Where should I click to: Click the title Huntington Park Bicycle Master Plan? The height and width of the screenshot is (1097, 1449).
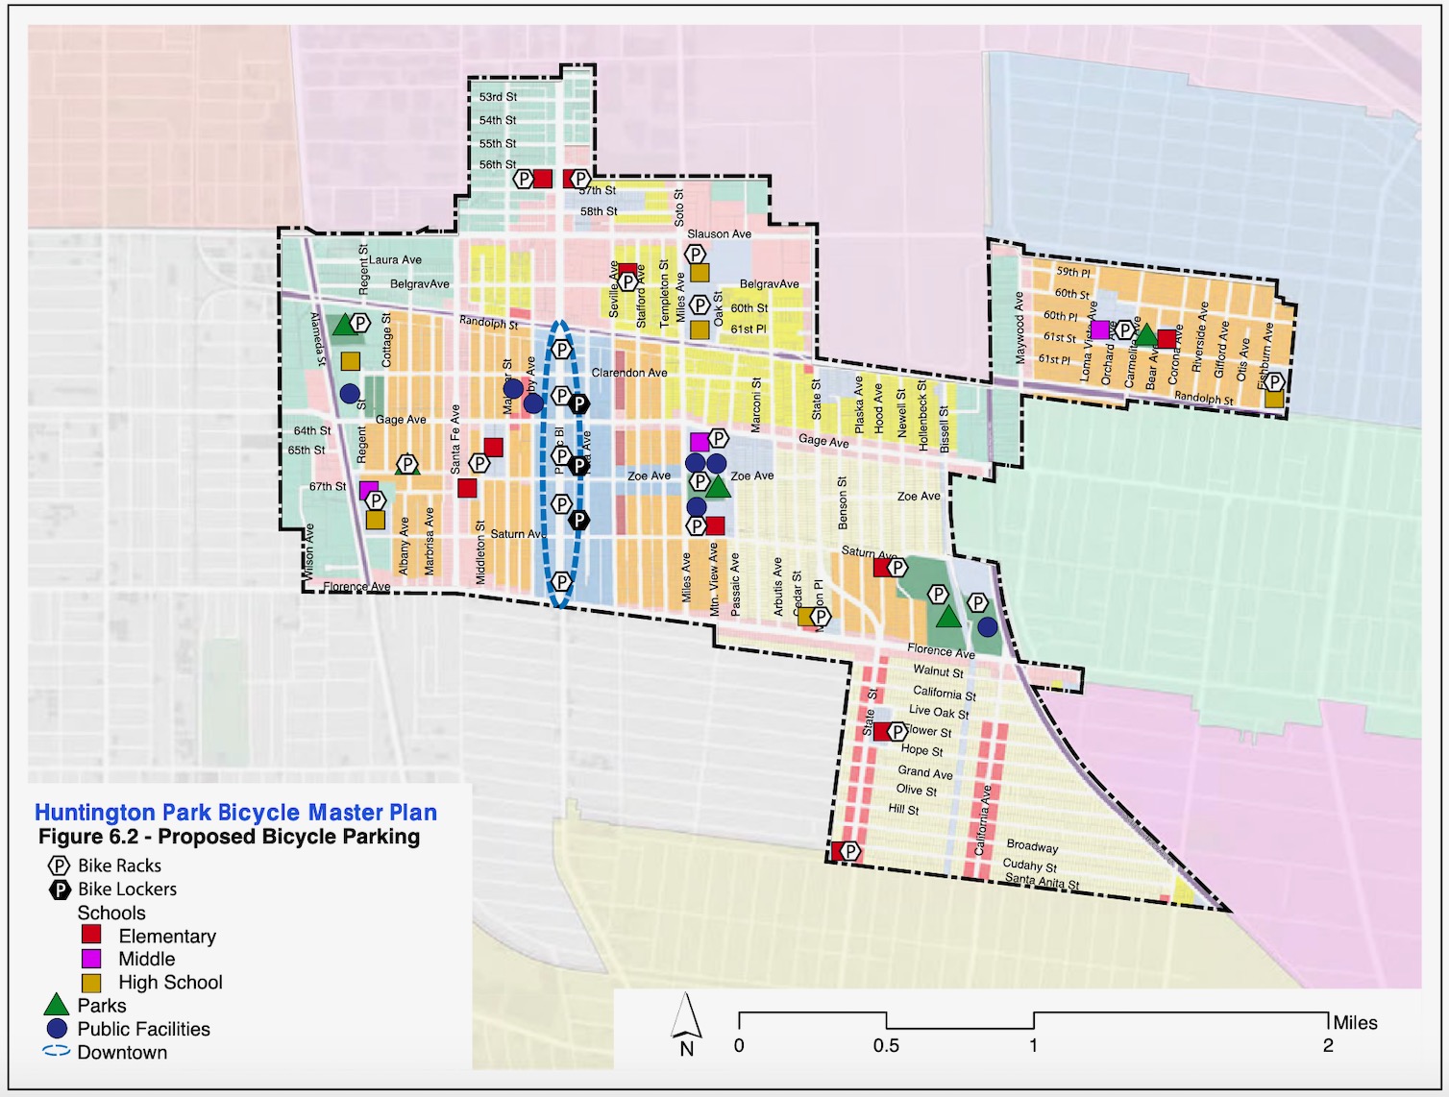click(x=235, y=813)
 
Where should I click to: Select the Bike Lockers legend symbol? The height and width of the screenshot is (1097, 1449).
click(x=60, y=890)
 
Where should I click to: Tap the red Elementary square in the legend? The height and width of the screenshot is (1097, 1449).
click(x=91, y=935)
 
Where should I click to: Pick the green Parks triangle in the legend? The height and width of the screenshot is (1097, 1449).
click(x=57, y=1005)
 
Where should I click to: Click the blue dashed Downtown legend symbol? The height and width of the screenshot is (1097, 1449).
click(x=57, y=1051)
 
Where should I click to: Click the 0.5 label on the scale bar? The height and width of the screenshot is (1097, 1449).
click(x=886, y=1046)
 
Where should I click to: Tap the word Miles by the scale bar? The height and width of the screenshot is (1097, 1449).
click(x=1355, y=1023)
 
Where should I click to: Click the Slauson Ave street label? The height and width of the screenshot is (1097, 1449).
click(x=719, y=233)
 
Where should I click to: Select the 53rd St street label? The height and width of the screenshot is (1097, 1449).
click(x=498, y=97)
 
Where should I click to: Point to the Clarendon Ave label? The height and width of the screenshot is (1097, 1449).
click(x=629, y=373)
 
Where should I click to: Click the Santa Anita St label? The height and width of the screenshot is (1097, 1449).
click(x=1042, y=880)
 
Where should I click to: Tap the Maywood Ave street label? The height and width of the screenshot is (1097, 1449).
click(x=1019, y=327)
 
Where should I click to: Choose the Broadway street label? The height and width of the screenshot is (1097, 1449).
click(x=1032, y=845)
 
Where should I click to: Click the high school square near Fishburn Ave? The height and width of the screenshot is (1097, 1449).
click(x=1274, y=400)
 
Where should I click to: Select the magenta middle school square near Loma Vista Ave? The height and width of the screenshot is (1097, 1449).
click(x=1099, y=329)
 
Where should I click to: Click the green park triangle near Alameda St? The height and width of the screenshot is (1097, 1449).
click(x=343, y=326)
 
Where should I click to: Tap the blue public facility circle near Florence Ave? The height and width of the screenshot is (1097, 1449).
click(x=987, y=627)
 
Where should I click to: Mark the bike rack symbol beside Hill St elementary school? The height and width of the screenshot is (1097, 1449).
click(x=850, y=851)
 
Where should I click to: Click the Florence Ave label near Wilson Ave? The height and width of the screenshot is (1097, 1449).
click(x=356, y=586)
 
